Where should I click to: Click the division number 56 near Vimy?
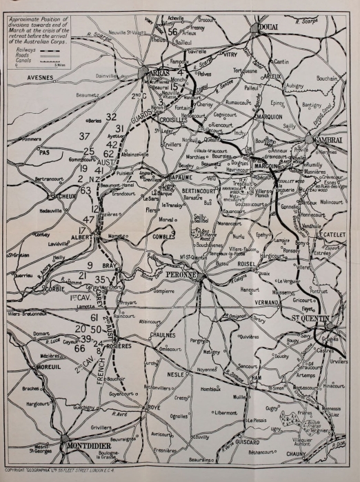point(172,32)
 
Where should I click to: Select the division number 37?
point(84,137)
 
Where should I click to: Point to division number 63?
point(86,190)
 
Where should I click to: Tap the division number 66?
point(80,348)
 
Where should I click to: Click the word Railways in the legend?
point(24,50)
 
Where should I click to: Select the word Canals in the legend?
point(23,61)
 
